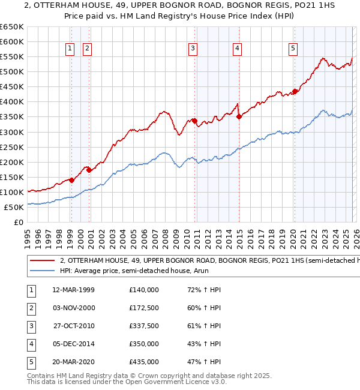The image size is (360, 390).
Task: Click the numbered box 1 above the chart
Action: pos(70,49)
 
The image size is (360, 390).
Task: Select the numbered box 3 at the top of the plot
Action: pos(193,49)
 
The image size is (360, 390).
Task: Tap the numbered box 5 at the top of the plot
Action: pos(293,49)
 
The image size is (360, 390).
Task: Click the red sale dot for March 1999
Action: pos(71,180)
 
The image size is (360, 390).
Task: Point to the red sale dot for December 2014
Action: pos(239,117)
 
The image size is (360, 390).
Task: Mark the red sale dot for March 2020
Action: pos(295,91)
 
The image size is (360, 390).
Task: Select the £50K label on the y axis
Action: pos(14,208)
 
